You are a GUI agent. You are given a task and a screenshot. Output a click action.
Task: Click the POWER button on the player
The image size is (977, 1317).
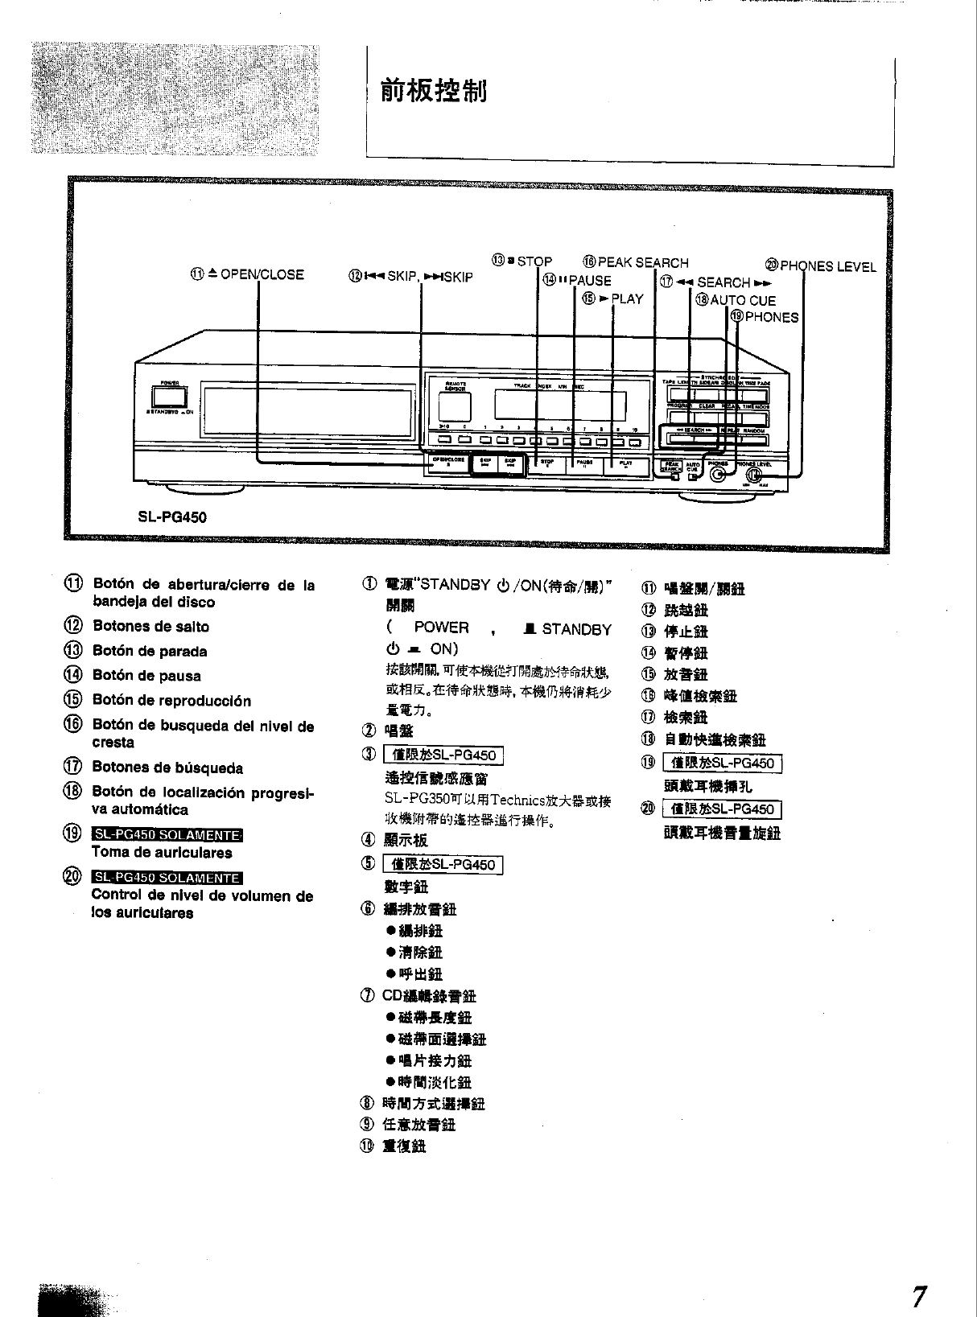(169, 397)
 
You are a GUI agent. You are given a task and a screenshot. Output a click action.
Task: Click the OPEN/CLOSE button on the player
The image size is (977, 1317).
(449, 463)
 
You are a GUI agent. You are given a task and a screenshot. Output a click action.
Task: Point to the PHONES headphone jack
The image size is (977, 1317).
(719, 474)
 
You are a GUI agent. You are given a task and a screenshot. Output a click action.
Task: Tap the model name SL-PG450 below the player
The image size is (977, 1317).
(173, 517)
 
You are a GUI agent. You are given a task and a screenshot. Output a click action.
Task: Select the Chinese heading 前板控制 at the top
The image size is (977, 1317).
(435, 93)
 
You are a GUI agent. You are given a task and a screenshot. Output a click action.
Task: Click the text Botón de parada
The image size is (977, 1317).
(150, 651)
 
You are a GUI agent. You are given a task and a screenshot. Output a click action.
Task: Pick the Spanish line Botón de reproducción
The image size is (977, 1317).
(171, 700)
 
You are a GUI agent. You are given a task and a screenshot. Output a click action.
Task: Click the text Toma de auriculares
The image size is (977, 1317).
(162, 852)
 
